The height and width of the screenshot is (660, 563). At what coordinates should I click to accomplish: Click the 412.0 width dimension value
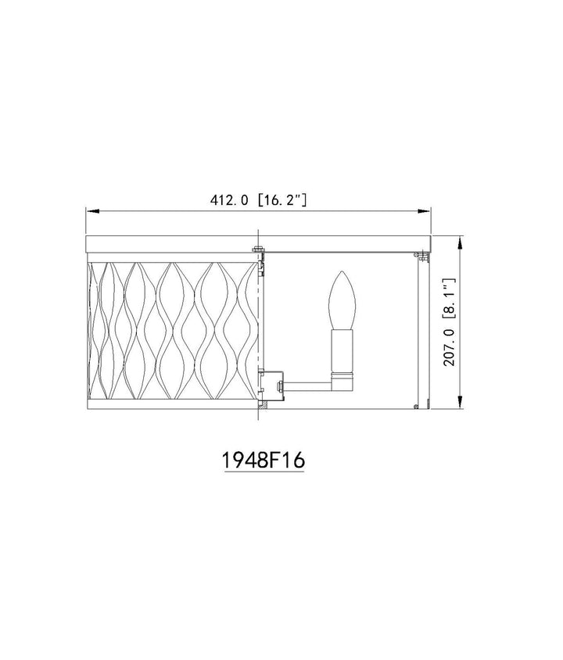tap(229, 200)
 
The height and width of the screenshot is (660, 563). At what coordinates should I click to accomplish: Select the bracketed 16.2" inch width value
tap(281, 200)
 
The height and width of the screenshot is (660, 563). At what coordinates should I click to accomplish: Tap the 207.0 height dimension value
tap(450, 347)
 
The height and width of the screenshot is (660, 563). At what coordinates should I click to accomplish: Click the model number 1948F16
tap(263, 460)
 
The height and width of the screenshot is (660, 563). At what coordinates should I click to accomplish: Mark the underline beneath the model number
tap(264, 473)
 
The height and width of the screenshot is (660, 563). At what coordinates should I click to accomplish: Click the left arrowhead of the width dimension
tap(92, 210)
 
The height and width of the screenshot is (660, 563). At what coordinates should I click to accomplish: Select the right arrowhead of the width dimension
tap(425, 210)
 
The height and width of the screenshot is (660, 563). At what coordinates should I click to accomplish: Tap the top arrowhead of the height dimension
tap(460, 242)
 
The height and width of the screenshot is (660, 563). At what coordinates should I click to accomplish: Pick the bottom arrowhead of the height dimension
tap(460, 402)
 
